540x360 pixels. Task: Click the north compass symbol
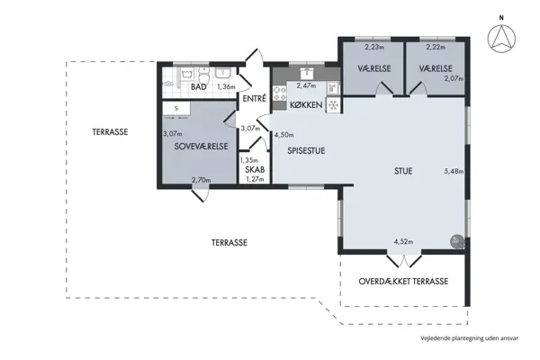pyautogui.click(x=501, y=38)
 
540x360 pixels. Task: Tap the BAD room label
pyautogui.click(x=199, y=86)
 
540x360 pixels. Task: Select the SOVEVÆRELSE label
pyautogui.click(x=201, y=147)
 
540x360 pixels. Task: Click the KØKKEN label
pyautogui.click(x=306, y=104)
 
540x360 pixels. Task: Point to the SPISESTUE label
pyautogui.click(x=306, y=151)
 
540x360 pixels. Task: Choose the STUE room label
pyautogui.click(x=403, y=171)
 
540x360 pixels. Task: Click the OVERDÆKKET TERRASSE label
pyautogui.click(x=403, y=282)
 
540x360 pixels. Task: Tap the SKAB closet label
pyautogui.click(x=255, y=169)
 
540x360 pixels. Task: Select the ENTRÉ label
pyautogui.click(x=255, y=98)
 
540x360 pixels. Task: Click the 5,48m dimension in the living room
pyautogui.click(x=454, y=171)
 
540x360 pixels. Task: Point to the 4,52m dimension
pyautogui.click(x=403, y=241)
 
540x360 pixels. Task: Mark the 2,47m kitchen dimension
pyautogui.click(x=306, y=85)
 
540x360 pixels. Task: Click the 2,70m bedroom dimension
pyautogui.click(x=201, y=180)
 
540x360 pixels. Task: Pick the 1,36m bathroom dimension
pyautogui.click(x=226, y=86)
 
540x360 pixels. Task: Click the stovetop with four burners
pyautogui.click(x=280, y=94)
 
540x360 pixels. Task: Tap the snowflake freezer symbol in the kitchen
pyautogui.click(x=333, y=105)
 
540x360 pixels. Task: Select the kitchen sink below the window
pyautogui.click(x=307, y=74)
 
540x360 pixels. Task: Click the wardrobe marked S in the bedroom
pyautogui.click(x=176, y=109)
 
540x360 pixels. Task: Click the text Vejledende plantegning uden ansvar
pyautogui.click(x=469, y=338)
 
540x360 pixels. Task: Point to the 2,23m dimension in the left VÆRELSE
pyautogui.click(x=374, y=47)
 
